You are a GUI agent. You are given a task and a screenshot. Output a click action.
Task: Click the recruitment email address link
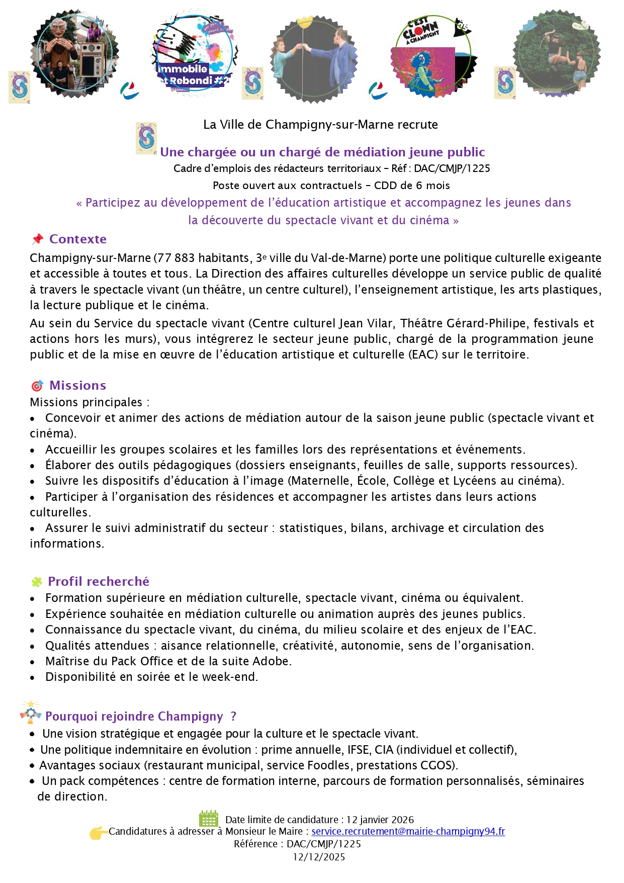pyautogui.click(x=408, y=831)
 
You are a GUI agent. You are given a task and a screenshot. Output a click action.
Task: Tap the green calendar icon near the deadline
pyautogui.click(x=208, y=819)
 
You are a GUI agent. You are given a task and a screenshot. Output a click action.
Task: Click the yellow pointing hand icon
pyautogui.click(x=98, y=833)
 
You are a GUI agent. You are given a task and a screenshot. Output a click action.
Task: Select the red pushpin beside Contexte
pyautogui.click(x=38, y=239)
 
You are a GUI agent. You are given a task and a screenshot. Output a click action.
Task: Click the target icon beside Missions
pyautogui.click(x=37, y=386)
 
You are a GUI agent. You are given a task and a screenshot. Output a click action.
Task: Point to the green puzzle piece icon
pyautogui.click(x=37, y=582)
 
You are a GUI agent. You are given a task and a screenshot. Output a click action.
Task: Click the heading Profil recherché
pyautogui.click(x=99, y=581)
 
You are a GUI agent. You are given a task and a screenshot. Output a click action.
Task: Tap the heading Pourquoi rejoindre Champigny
pyautogui.click(x=134, y=716)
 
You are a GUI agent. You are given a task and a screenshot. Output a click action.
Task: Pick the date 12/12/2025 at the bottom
pyautogui.click(x=319, y=857)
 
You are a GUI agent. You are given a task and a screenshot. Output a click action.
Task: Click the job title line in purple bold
pyautogui.click(x=322, y=152)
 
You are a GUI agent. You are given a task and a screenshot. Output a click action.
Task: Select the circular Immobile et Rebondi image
pyautogui.click(x=194, y=53)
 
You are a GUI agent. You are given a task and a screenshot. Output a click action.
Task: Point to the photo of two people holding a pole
pyautogui.click(x=313, y=58)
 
